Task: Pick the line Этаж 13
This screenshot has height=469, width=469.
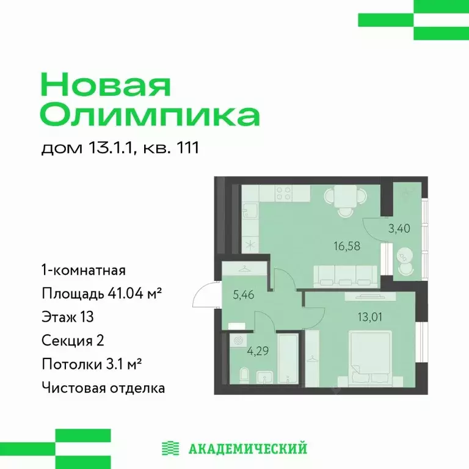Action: (67, 317)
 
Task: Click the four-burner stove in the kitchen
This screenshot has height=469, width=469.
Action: (283, 193)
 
